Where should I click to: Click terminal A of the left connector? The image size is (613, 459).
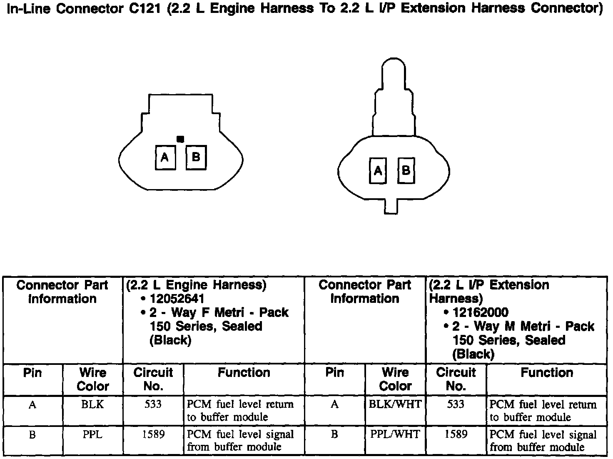165,157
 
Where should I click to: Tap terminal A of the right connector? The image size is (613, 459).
378,170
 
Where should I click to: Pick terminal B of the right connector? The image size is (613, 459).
406,170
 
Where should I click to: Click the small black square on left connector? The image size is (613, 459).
180,139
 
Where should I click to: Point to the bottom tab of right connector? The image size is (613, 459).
391,207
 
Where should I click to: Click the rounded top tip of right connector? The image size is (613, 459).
392,67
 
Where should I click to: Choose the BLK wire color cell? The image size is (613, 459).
92,404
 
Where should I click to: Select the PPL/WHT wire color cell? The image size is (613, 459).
395,434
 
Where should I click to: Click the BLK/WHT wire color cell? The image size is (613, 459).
395,404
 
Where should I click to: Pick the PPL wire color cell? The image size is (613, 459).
92,434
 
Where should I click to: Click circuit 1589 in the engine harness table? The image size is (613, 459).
153,434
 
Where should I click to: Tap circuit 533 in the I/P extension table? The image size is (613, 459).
455,404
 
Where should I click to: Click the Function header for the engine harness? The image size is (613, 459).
244,372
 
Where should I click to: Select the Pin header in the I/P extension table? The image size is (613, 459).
334,372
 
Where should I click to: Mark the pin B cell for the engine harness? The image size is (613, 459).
32,434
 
